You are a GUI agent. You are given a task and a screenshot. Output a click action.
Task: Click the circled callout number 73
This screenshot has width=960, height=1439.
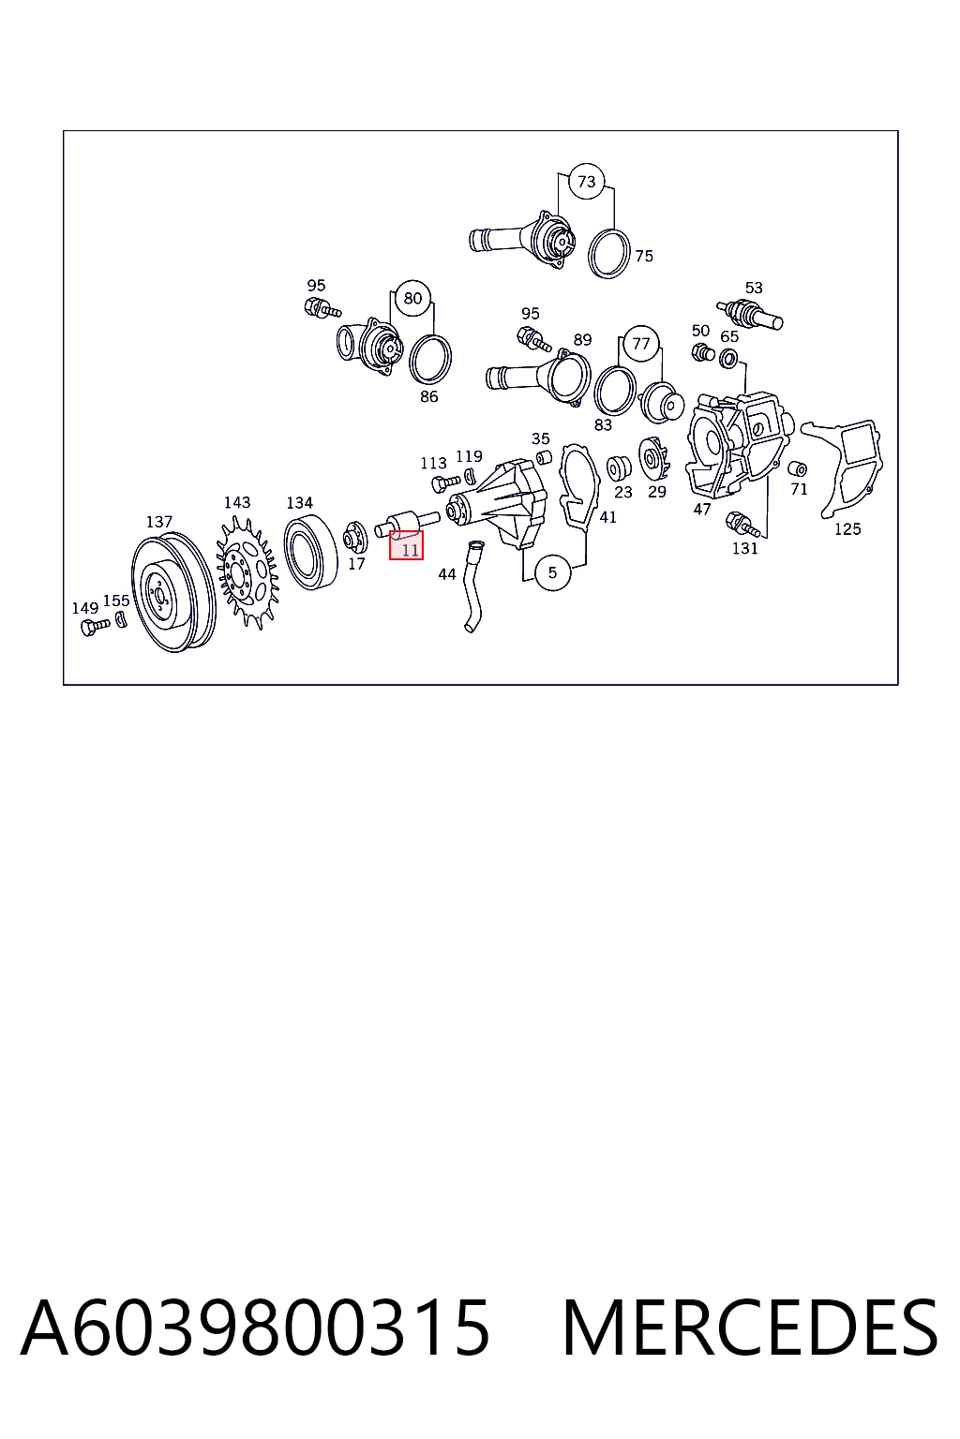[586, 182]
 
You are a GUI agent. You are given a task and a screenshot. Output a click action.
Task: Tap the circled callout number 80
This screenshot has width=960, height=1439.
[412, 298]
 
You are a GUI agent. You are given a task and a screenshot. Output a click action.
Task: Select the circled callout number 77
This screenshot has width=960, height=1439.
[640, 344]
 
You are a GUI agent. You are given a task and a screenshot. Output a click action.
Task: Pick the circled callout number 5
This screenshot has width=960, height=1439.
[552, 572]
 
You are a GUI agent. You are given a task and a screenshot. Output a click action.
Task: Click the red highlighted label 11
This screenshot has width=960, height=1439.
[406, 545]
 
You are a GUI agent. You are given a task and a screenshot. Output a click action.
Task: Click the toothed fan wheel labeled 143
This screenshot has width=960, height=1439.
[247, 571]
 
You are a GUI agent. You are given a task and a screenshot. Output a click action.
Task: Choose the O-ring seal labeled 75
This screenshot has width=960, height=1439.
[608, 254]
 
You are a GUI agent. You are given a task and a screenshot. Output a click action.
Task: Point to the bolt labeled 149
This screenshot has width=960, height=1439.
[96, 626]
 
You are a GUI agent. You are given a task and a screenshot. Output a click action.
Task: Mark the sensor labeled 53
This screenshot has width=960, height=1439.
[750, 314]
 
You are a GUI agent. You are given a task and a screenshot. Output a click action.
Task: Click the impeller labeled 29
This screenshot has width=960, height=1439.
[655, 459]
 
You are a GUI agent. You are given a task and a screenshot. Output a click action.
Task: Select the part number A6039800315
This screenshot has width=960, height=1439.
[255, 1329]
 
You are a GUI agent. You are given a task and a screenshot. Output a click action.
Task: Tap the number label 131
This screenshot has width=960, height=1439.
[744, 549]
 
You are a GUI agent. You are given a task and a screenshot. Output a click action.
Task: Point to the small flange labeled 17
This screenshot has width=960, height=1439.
[354, 537]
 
